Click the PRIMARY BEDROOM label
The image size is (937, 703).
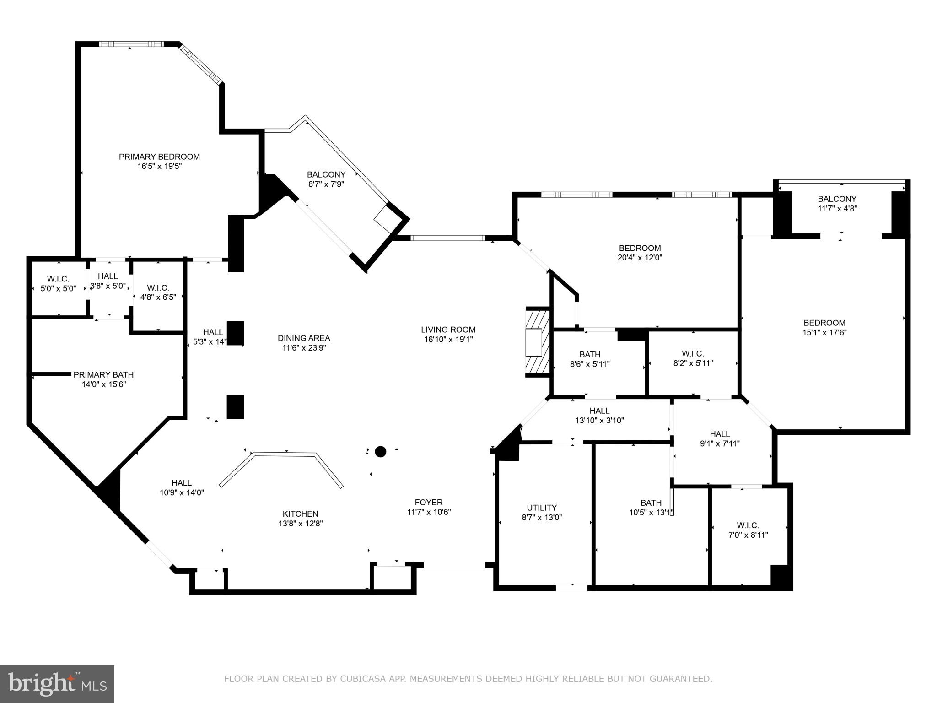point(159,157)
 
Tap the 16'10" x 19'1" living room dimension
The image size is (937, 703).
point(448,339)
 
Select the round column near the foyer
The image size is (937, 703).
point(380,452)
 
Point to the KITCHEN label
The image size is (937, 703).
point(300,514)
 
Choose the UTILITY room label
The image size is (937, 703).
point(542,508)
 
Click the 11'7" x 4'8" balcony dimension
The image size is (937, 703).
point(837,209)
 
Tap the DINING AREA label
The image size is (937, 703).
point(304,338)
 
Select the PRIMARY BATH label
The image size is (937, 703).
point(103,374)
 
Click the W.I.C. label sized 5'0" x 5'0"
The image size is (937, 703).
point(58,279)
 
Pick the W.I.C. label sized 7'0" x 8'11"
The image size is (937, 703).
point(748,525)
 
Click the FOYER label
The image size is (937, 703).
point(429,502)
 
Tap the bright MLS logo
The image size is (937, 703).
point(57,684)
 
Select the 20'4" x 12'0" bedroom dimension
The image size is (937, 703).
point(640,258)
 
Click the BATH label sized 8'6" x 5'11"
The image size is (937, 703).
point(590,354)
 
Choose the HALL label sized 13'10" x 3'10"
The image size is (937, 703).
point(599,411)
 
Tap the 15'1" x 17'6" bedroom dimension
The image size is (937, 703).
point(824,333)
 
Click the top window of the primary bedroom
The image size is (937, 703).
point(131,44)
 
